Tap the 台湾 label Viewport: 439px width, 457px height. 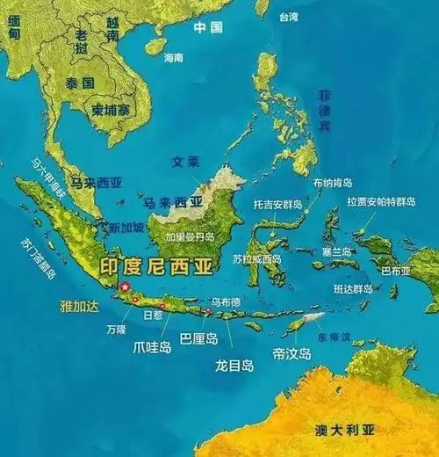tap(288, 17)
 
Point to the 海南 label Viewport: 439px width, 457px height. tap(174, 57)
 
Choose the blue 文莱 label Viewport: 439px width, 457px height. tap(187, 162)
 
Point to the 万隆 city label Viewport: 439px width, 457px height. tap(116, 329)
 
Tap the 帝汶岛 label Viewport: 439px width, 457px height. tap(292, 353)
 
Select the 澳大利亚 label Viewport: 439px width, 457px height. tap(344, 429)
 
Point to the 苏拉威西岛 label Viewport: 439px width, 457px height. tap(257, 259)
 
